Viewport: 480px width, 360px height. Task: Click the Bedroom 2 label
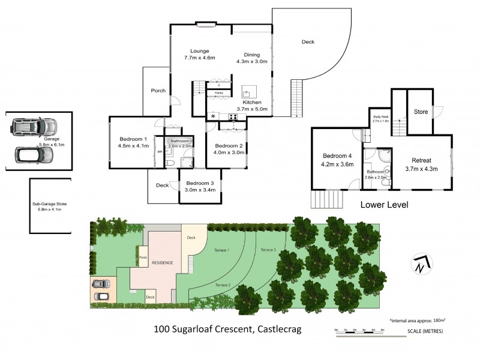(x=229, y=146)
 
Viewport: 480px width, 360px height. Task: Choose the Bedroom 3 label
(x=200, y=183)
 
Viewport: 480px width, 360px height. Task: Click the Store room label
(x=421, y=112)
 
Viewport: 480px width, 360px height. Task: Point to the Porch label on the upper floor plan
(x=158, y=91)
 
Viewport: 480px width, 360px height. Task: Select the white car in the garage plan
(x=34, y=155)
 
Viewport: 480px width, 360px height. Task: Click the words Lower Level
(x=384, y=205)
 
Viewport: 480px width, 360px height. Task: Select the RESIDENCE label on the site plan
(x=162, y=263)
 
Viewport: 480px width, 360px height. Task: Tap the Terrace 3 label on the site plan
(x=268, y=250)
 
